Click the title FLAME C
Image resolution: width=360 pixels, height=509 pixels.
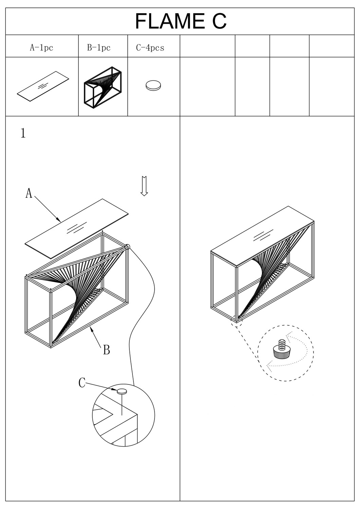180,21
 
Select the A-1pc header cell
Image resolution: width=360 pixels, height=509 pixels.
41,48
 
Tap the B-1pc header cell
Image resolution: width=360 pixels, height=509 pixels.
99,48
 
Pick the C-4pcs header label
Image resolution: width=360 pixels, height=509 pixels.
150,48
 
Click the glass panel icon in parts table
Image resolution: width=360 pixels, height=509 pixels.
43,86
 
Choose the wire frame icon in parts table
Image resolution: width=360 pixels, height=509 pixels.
103,87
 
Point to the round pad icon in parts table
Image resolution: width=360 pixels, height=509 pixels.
153,86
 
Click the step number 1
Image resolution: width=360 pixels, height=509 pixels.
23,133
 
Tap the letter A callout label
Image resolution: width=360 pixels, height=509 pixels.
29,193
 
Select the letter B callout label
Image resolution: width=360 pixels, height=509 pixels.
106,350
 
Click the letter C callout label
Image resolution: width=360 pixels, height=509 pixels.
82,383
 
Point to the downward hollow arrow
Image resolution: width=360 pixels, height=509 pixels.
144,186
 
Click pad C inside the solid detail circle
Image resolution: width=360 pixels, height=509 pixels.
122,391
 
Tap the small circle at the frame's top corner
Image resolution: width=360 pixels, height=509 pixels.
127,247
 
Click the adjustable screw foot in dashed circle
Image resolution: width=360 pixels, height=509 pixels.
281,351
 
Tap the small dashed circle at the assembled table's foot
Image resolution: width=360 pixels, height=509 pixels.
236,320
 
